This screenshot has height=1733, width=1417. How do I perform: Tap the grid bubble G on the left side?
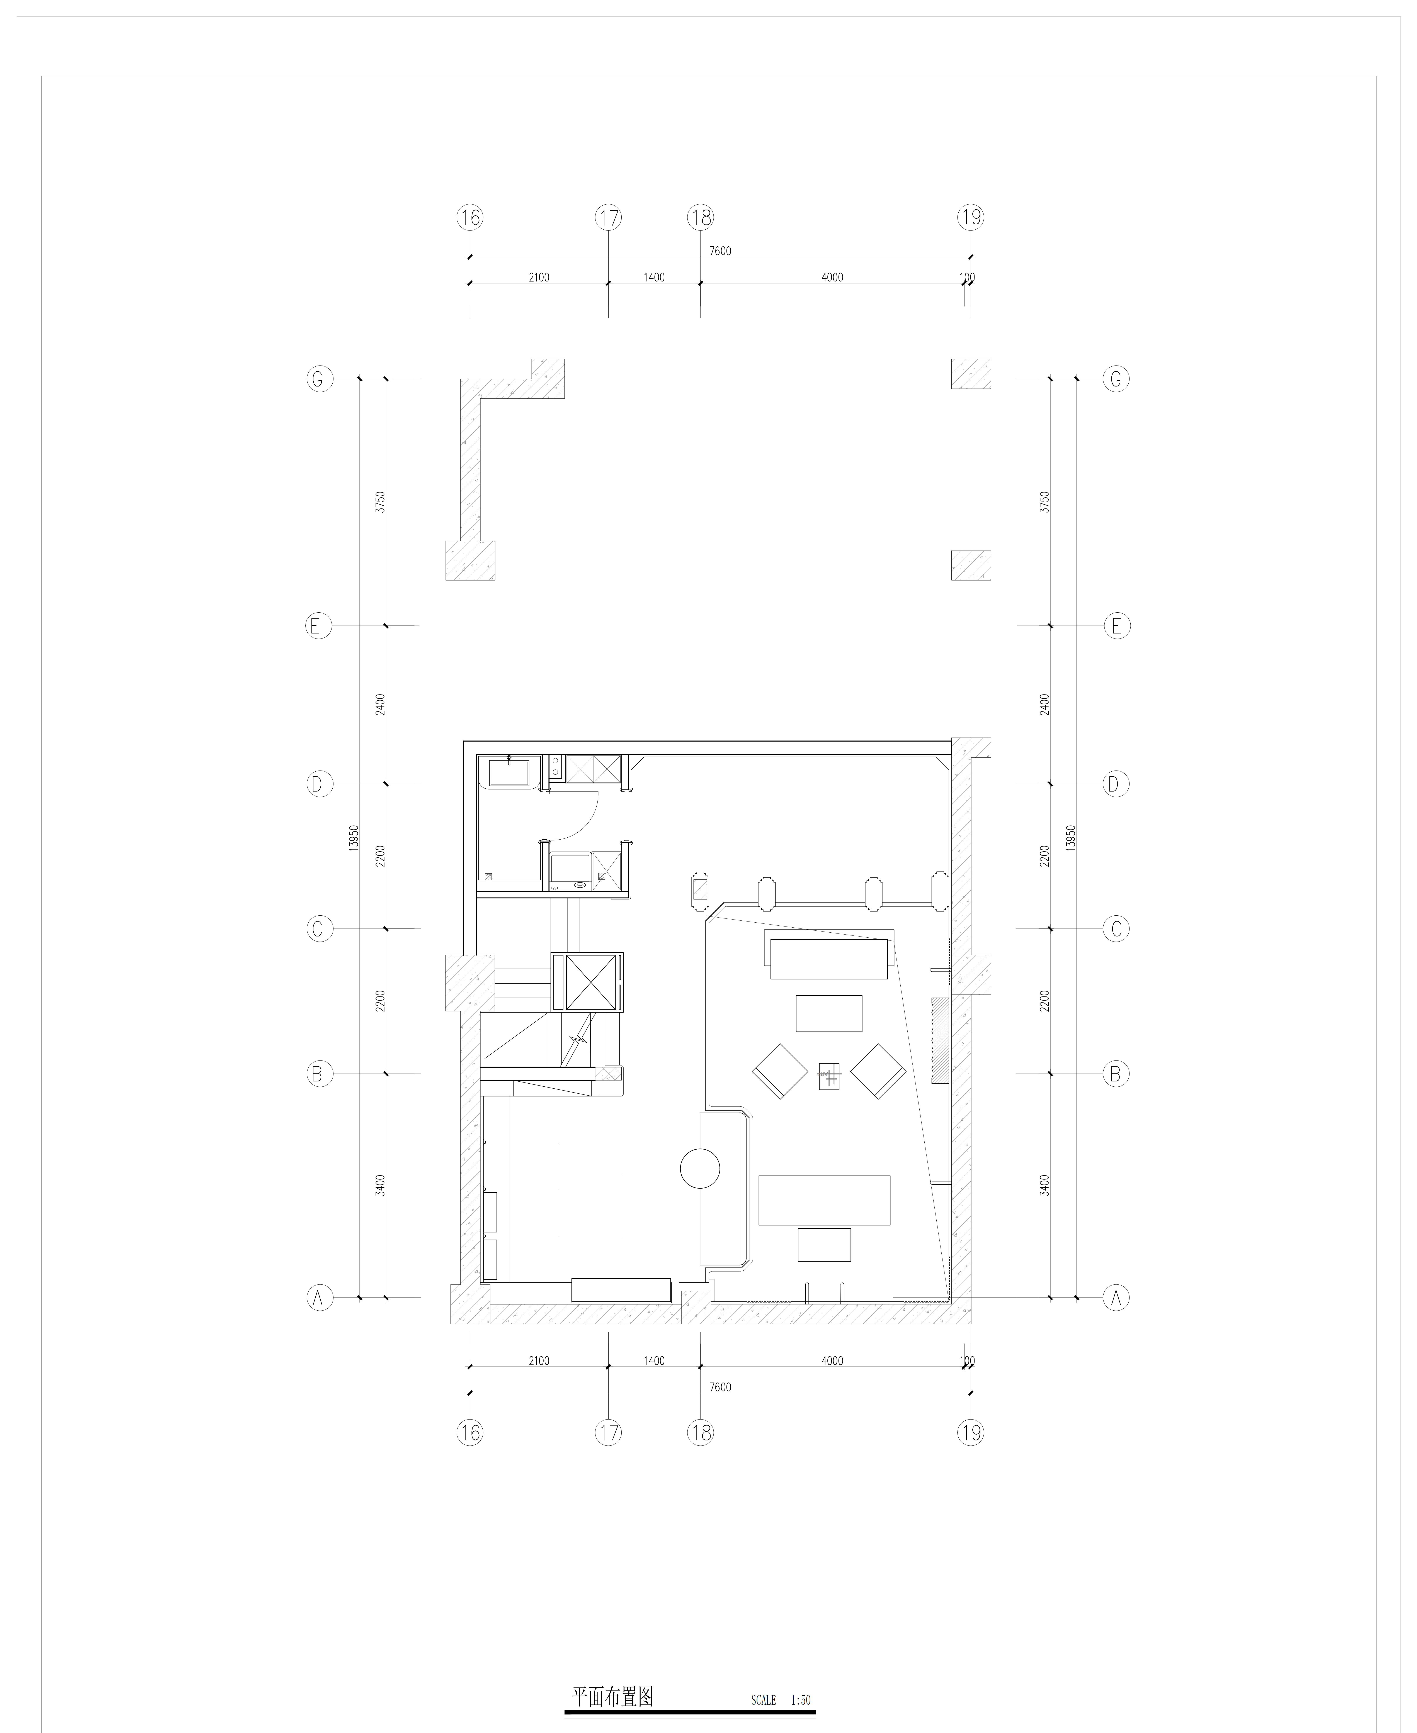(319, 379)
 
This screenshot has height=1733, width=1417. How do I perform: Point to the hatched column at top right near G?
(971, 374)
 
